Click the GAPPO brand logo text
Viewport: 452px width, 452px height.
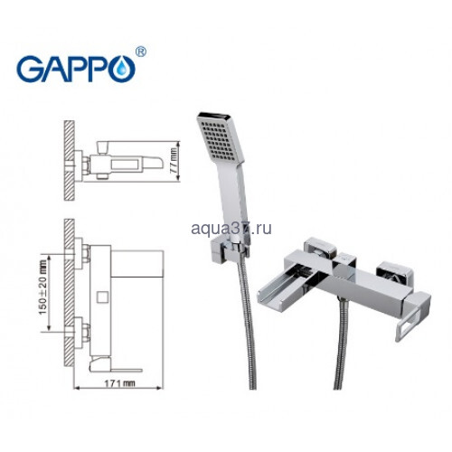pos(76,69)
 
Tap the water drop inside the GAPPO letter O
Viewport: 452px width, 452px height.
pos(122,69)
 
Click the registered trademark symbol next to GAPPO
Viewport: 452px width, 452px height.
pos(140,52)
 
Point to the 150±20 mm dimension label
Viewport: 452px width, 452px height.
pos(43,287)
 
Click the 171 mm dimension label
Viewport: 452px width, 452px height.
pos(119,383)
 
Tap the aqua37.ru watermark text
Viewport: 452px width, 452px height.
pos(231,228)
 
